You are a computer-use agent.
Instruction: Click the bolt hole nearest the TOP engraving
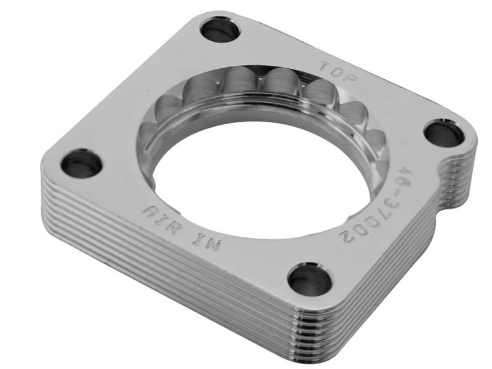coord(220,29)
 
